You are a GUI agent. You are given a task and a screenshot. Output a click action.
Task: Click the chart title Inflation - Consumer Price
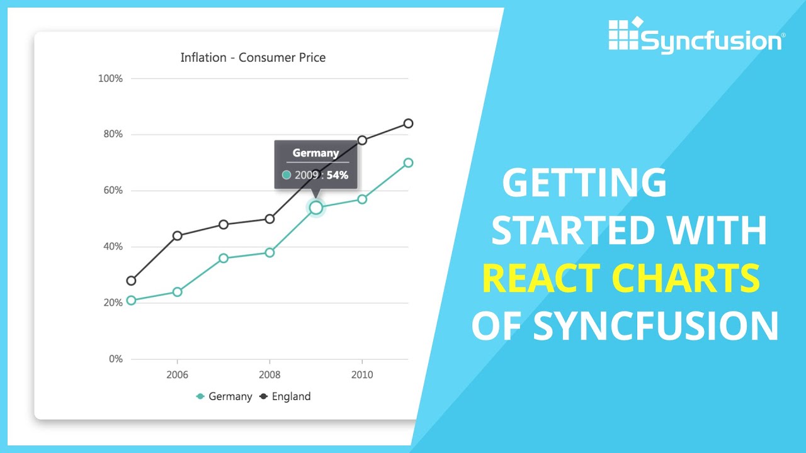(x=253, y=58)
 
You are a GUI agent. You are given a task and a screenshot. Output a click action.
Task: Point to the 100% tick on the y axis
(x=110, y=79)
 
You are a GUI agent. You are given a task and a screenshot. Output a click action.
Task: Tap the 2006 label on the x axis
(x=177, y=375)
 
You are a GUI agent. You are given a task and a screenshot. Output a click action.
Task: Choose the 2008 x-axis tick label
(x=270, y=375)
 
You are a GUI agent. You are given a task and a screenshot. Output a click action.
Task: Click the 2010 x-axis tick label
(x=362, y=375)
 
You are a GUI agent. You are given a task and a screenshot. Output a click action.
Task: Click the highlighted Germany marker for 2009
(x=316, y=208)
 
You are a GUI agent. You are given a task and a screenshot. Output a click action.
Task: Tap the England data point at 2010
(x=362, y=140)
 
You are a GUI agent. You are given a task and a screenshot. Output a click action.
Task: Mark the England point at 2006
(x=177, y=236)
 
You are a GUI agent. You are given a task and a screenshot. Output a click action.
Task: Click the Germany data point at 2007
(x=224, y=258)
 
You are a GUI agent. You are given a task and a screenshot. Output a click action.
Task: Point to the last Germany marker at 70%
(x=408, y=162)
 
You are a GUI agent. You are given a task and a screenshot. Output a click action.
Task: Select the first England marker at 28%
(x=131, y=281)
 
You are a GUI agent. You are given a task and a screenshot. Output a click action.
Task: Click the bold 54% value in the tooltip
(x=338, y=176)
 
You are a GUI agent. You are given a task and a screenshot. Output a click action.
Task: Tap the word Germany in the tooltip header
(x=315, y=153)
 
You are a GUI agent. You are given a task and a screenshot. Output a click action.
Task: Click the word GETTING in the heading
(x=584, y=183)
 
